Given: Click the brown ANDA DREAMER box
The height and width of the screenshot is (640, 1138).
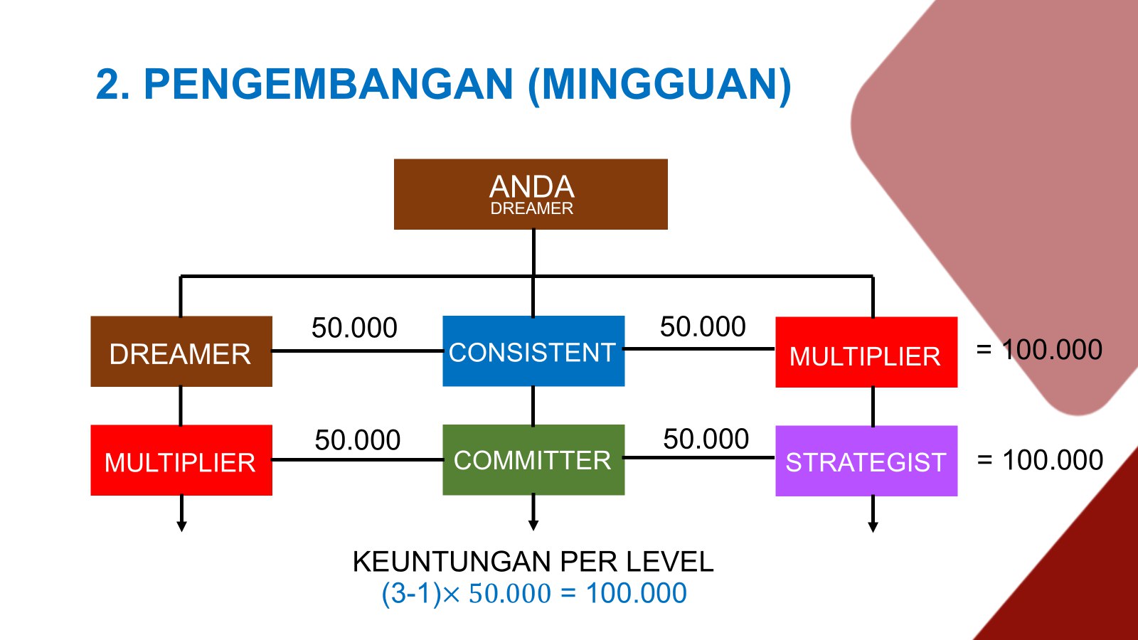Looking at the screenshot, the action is pos(531,194).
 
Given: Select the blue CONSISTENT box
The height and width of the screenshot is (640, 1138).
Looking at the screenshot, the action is pos(533,351).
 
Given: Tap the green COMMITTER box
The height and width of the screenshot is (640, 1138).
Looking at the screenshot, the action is pos(533,459).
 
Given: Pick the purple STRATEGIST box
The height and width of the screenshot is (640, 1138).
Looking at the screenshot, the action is pos(866,461).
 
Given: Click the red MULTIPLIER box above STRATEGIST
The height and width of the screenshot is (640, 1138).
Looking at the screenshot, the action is pos(866,352).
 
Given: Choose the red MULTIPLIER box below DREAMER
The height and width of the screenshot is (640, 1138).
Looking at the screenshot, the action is pos(181,460).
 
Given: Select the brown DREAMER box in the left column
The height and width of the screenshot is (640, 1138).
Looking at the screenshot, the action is pos(181,351).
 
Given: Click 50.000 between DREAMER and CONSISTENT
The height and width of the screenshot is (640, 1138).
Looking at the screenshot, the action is pos(354,328).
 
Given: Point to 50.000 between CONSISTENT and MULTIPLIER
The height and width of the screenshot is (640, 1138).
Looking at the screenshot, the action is pos(703,326).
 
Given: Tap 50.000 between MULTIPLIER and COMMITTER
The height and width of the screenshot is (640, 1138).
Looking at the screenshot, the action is pos(357,440).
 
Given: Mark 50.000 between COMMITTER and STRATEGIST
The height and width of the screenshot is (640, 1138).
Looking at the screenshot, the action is pos(706,439).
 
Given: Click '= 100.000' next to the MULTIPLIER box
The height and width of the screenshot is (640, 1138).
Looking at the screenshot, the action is pos(1039,349).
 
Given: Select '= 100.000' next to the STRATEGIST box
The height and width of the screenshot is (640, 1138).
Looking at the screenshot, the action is pos(1039,460).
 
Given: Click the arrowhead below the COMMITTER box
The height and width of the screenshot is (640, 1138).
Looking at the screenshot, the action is pos(533,526).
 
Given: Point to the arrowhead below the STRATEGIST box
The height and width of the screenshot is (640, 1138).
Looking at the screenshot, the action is pos(873,527).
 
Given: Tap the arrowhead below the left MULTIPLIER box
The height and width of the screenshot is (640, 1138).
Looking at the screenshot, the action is pos(181,526).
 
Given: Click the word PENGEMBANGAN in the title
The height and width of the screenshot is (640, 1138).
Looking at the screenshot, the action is pos(329,85).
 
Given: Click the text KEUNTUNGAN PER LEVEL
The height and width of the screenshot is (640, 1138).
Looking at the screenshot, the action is pos(533,562).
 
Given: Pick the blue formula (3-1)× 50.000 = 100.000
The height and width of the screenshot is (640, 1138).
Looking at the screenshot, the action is pos(534,593).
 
